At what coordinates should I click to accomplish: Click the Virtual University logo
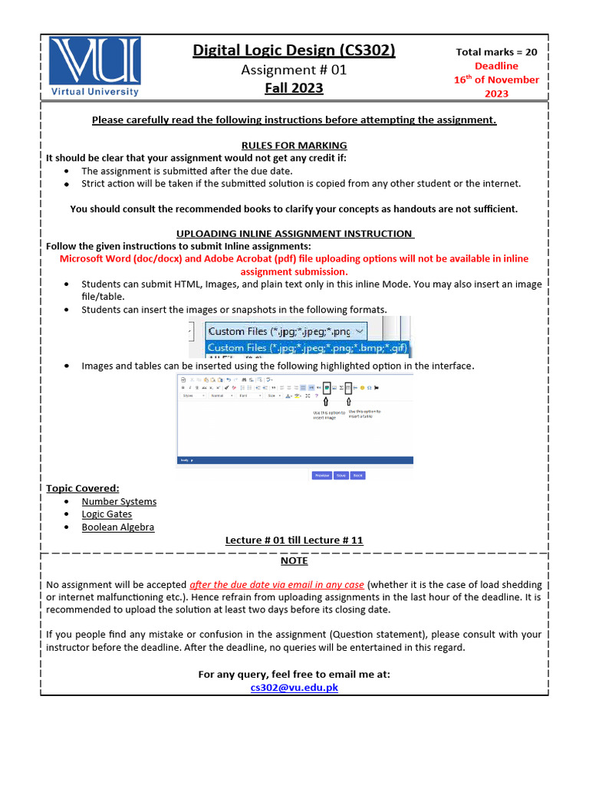(x=94, y=66)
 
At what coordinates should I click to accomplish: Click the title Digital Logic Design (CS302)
(x=294, y=51)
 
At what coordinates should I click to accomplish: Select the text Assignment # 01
(x=294, y=70)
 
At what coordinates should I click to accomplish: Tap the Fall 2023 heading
(x=294, y=88)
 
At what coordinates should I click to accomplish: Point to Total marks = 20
(x=496, y=52)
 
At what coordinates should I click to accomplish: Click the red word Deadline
(x=496, y=66)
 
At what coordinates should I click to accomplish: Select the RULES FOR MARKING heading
(x=294, y=145)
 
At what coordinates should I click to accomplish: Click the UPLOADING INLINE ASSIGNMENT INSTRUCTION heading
(x=295, y=233)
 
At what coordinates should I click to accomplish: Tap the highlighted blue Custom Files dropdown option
(x=308, y=347)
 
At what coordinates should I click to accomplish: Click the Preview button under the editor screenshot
(x=322, y=475)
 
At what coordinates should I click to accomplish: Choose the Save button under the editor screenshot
(x=341, y=475)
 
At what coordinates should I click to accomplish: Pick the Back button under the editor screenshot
(x=357, y=475)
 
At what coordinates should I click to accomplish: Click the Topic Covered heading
(x=82, y=488)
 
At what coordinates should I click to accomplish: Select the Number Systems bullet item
(x=119, y=501)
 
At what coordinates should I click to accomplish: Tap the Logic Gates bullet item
(x=107, y=514)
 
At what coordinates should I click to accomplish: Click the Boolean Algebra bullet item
(x=117, y=527)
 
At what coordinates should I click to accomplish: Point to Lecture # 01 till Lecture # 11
(x=294, y=540)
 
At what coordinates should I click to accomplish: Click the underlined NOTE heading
(x=294, y=560)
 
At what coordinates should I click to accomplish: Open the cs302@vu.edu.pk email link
(x=294, y=688)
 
